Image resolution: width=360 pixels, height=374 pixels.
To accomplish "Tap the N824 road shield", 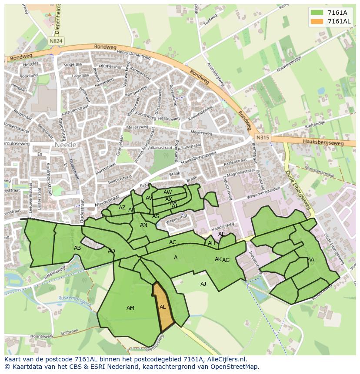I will (x=55, y=41).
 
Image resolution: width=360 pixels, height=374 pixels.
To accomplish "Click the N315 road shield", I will (x=262, y=138).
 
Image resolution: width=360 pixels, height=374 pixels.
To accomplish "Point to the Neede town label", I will (x=66, y=144).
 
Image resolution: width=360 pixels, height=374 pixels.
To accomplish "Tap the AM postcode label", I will (x=130, y=308).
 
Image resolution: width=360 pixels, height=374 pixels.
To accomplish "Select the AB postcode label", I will (x=77, y=248).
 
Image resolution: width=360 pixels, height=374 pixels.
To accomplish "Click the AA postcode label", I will (x=310, y=260).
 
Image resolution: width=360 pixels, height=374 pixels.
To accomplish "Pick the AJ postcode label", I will (x=203, y=284).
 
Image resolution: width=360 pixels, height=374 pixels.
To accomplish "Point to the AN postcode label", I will (x=143, y=225).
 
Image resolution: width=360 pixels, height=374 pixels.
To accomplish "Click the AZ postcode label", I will (x=122, y=208).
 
